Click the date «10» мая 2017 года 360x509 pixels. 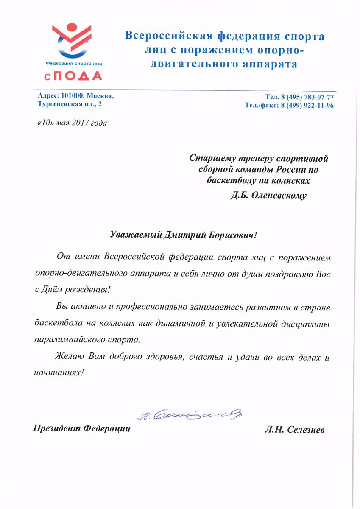tap(70, 123)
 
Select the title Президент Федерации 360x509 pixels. tap(82, 429)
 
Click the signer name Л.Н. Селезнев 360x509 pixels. tap(294, 429)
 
